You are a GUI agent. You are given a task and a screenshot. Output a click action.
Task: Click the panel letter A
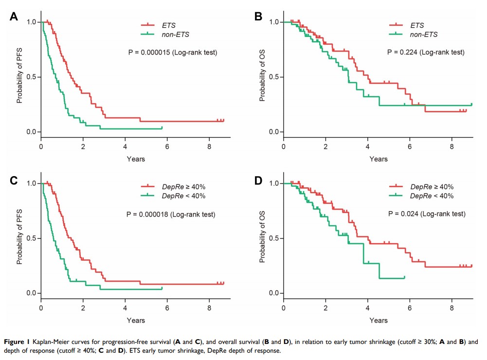(x=14, y=17)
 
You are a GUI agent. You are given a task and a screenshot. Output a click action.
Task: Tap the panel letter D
(x=258, y=181)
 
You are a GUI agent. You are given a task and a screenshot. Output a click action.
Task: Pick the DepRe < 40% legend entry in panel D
(x=432, y=196)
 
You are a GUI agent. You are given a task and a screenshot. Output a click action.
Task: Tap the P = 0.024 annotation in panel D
(x=427, y=214)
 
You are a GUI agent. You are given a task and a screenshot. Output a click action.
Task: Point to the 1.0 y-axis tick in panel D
(x=273, y=183)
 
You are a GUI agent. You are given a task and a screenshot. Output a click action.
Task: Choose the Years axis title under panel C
(x=136, y=320)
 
